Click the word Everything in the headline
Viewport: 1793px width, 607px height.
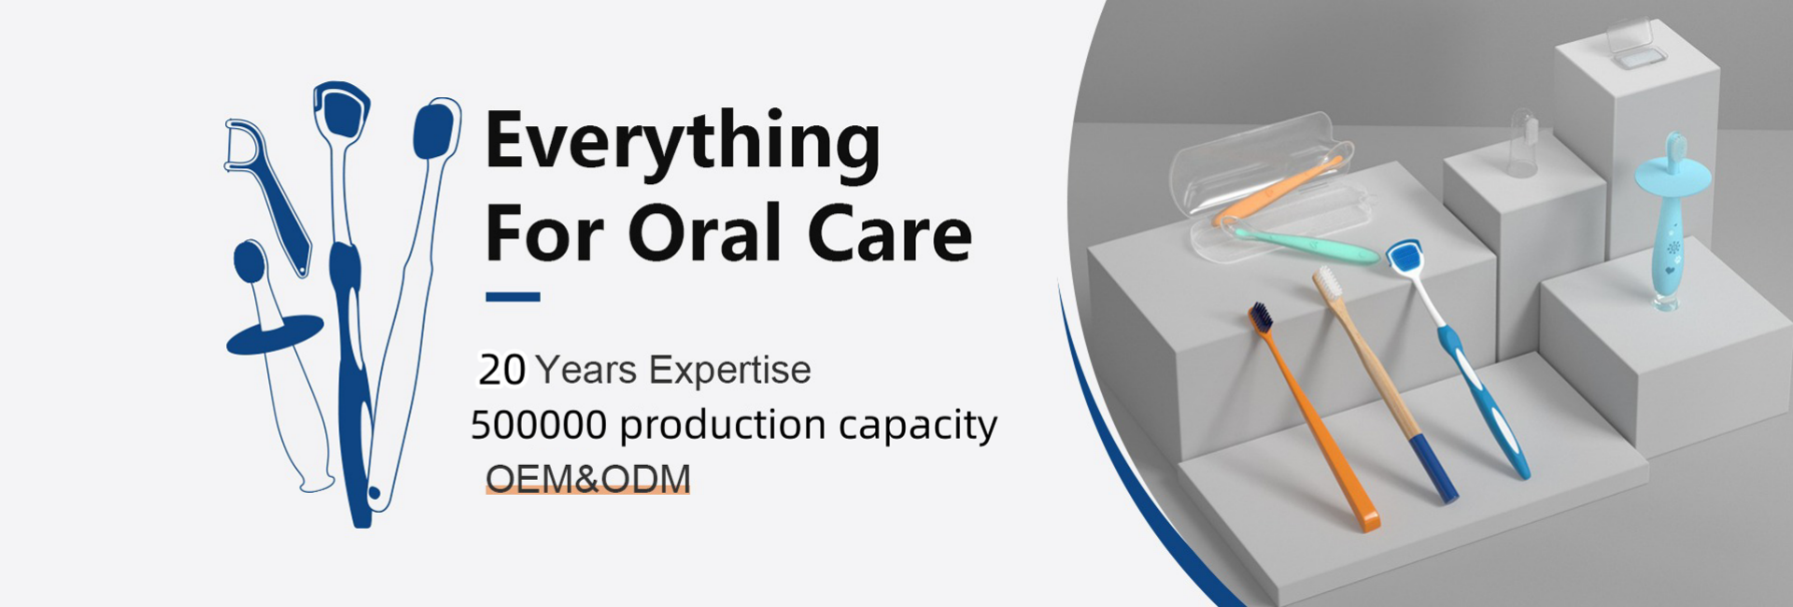point(683,143)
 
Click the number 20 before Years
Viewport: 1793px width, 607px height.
point(502,371)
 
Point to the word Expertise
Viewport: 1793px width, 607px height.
point(729,371)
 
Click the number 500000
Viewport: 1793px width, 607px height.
point(539,425)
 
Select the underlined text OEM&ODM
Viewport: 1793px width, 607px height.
point(587,478)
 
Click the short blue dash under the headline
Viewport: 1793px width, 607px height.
point(513,297)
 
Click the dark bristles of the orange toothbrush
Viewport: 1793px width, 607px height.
point(1261,318)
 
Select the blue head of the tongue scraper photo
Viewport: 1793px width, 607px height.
point(1404,257)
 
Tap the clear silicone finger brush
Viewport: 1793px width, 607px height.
point(1523,144)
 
